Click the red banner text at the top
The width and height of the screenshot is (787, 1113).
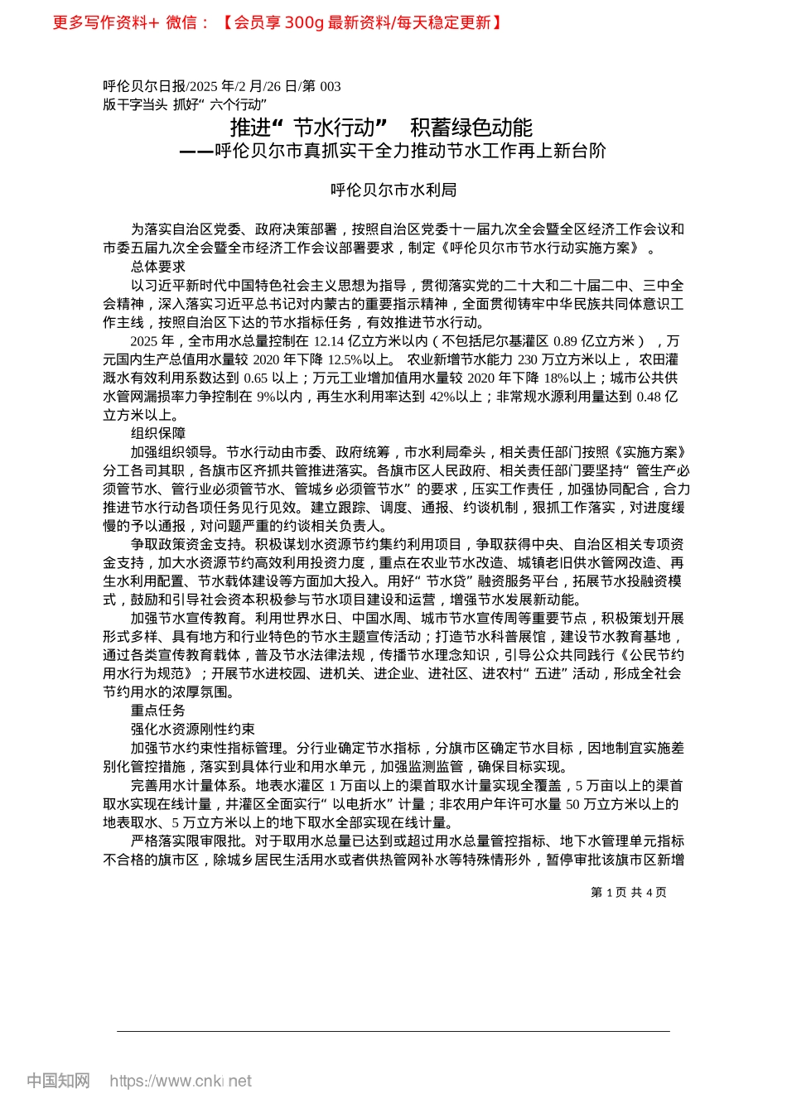tap(277, 22)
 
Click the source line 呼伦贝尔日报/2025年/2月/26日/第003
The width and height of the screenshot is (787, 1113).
tap(221, 86)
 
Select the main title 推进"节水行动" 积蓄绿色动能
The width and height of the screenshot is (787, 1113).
tap(381, 128)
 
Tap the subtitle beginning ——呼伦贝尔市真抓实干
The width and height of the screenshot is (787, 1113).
tap(393, 151)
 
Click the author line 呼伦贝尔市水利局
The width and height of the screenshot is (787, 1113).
tap(393, 190)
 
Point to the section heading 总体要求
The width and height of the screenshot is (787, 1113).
tap(157, 267)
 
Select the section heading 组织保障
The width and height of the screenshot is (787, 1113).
tap(157, 433)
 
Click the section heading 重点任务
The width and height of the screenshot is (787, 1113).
tap(157, 711)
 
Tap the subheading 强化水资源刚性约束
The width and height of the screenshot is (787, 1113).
tap(192, 729)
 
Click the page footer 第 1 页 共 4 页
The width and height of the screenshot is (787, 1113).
tap(628, 892)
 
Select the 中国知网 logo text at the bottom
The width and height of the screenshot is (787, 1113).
tap(58, 1081)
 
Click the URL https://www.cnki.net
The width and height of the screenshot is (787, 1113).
tap(181, 1081)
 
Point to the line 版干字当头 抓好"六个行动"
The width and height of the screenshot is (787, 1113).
tap(185, 104)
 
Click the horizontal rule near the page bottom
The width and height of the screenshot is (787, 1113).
tap(393, 1031)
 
